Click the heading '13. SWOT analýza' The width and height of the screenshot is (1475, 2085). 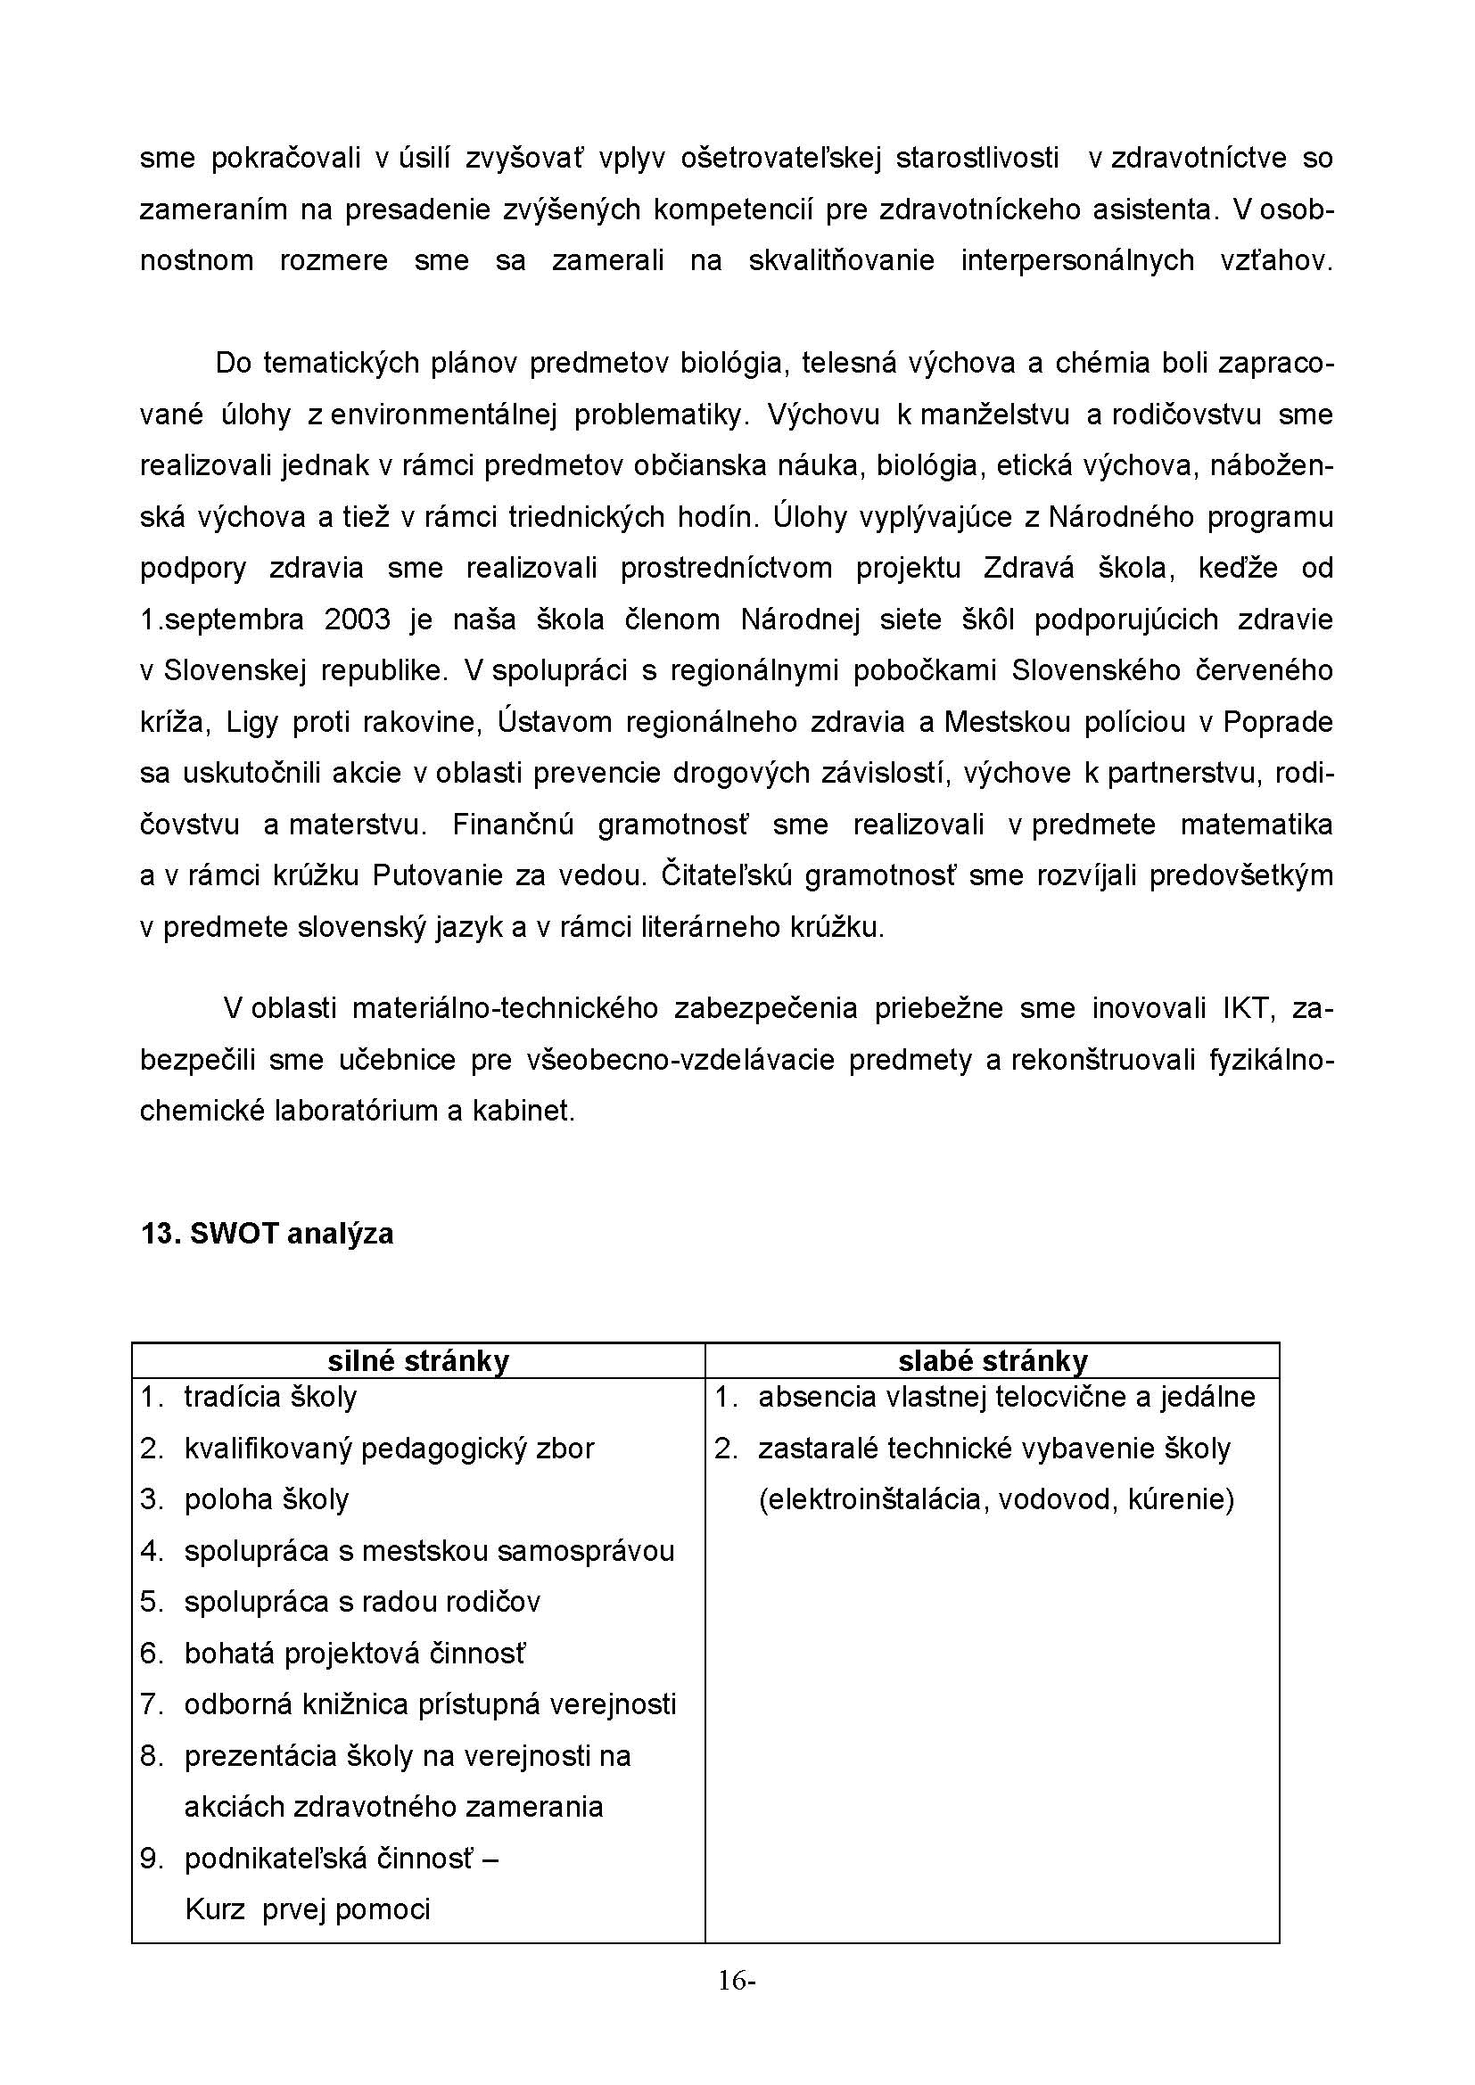coord(267,1234)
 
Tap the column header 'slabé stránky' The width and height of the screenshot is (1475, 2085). coord(992,1361)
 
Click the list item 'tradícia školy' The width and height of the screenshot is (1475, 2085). coord(271,1397)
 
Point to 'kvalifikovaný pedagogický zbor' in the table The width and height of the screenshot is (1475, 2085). coord(389,1449)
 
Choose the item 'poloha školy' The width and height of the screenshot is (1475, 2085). coord(266,1499)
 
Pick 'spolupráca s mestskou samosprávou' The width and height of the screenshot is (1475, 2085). coord(429,1551)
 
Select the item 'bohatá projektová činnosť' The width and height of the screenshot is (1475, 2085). coord(354,1654)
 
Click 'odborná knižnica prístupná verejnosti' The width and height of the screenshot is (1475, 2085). coord(430,1704)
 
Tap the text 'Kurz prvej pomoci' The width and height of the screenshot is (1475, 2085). coord(307,1909)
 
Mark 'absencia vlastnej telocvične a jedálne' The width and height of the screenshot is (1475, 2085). coord(1006,1397)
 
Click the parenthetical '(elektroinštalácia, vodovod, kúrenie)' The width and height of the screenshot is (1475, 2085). coord(995,1499)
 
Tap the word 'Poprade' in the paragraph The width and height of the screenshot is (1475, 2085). coord(1278,723)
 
